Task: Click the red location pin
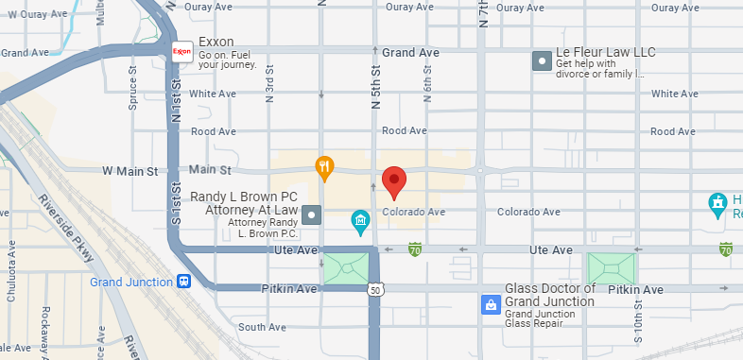[x=394, y=180]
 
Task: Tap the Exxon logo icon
[x=182, y=50]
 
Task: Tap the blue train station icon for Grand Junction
[x=183, y=282]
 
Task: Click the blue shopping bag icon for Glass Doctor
[x=491, y=304]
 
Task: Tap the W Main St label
[x=130, y=171]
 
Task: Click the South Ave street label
[x=262, y=327]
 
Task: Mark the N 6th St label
[x=427, y=85]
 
